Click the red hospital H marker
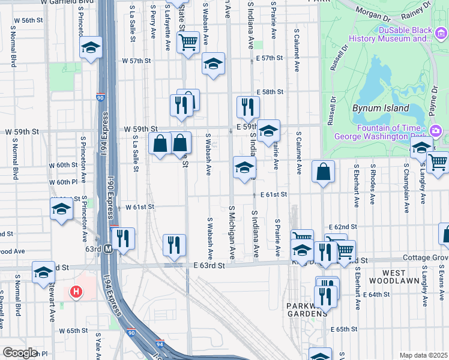(x=76, y=292)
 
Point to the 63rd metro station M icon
(x=109, y=248)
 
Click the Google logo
(x=20, y=353)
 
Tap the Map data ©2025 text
(x=423, y=355)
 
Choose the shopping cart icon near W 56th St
(x=188, y=43)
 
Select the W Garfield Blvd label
(x=68, y=2)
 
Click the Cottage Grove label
(x=427, y=258)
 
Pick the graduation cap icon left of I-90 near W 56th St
(x=90, y=48)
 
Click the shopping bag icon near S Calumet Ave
(x=323, y=172)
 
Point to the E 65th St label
(x=343, y=329)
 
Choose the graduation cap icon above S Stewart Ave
(x=43, y=272)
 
